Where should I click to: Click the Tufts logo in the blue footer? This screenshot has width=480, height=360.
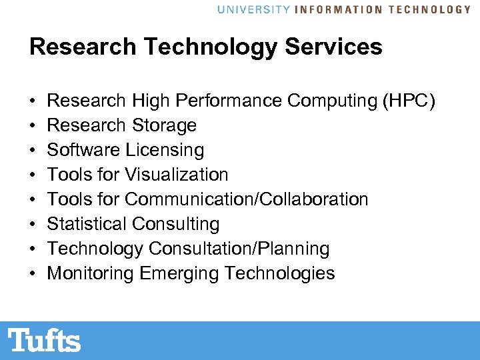tap(45, 340)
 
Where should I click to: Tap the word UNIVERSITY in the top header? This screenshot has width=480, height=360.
tap(253, 9)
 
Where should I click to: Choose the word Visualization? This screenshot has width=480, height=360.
tap(177, 175)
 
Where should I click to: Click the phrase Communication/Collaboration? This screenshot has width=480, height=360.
tap(246, 199)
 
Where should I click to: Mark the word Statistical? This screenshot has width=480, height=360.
tap(87, 224)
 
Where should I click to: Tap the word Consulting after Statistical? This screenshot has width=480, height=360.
tap(175, 224)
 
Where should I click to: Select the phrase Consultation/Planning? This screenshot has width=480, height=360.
tap(239, 249)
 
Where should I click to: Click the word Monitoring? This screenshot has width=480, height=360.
tap(91, 273)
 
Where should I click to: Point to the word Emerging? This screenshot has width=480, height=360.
tap(179, 273)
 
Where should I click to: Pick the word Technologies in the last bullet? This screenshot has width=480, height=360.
tap(280, 273)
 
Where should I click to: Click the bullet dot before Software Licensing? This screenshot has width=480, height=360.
tap(33, 151)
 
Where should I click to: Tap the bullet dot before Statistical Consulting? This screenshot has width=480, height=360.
tap(33, 225)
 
